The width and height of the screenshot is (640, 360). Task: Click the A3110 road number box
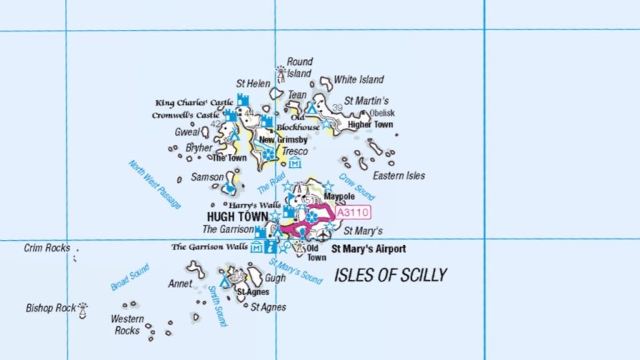click(353, 212)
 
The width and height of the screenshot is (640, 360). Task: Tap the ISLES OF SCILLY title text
click(391, 275)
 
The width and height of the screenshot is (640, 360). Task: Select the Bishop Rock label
click(51, 308)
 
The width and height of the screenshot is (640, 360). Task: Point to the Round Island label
click(299, 67)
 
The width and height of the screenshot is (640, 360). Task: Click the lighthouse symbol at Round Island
click(281, 74)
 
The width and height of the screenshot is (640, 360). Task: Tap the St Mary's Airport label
click(368, 249)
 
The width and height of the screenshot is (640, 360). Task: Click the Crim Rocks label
click(47, 248)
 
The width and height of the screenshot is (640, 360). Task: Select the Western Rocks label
click(127, 324)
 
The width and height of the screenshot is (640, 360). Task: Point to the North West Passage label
click(154, 184)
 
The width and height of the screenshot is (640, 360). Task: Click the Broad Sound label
click(130, 277)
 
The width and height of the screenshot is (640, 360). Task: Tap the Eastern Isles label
click(399, 176)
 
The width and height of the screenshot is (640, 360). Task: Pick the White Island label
click(359, 79)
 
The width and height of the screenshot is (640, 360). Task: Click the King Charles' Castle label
click(194, 102)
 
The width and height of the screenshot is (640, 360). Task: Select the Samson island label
click(207, 177)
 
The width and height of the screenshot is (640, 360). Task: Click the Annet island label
click(180, 283)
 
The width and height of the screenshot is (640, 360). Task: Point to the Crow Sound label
click(356, 186)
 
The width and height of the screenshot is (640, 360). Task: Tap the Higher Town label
click(371, 124)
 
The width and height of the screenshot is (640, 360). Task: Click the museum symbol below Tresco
click(295, 163)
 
